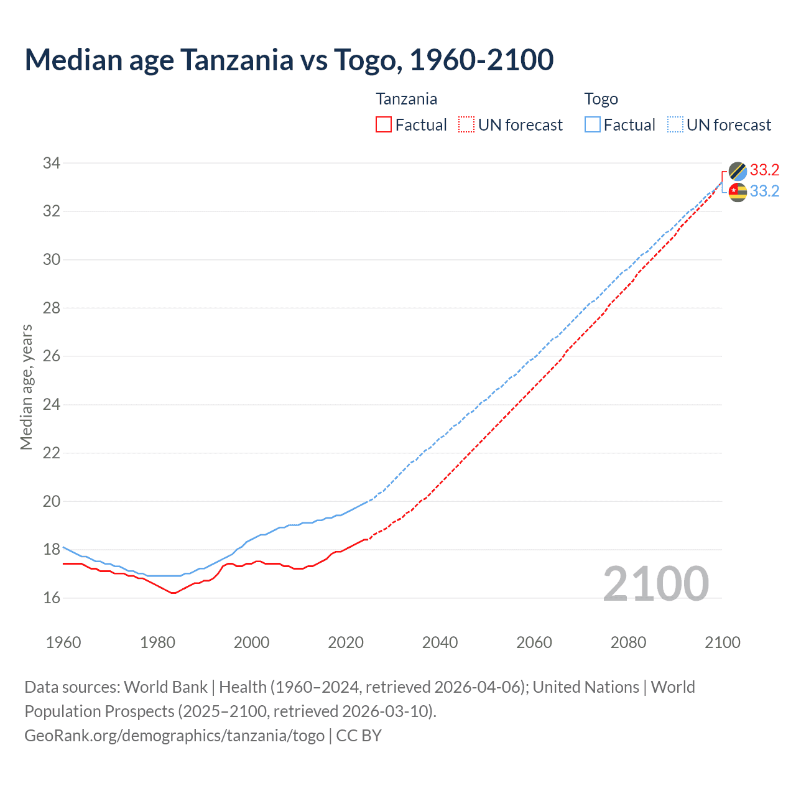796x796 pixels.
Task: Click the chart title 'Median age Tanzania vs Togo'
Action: click(x=289, y=60)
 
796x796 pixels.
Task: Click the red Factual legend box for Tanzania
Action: click(x=384, y=125)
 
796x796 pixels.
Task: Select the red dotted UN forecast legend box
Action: click(x=466, y=125)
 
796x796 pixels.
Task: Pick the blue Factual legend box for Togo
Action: click(x=592, y=125)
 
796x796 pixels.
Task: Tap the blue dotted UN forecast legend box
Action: click(x=675, y=125)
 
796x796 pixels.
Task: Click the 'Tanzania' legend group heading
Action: click(x=406, y=99)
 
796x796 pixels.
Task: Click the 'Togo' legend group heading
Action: click(x=601, y=99)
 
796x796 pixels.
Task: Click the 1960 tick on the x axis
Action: click(x=63, y=642)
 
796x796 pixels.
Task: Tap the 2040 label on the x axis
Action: click(x=440, y=642)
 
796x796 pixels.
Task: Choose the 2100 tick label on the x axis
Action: click(x=722, y=642)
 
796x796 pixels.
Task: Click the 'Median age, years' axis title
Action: click(x=26, y=387)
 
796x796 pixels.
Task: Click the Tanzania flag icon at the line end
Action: click(x=738, y=171)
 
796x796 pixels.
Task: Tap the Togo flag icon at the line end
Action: click(x=738, y=192)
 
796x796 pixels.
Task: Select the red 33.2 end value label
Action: click(x=764, y=170)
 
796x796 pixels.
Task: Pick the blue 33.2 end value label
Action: click(x=764, y=192)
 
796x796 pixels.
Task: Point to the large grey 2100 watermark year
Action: click(x=655, y=583)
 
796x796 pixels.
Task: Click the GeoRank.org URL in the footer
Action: click(x=174, y=736)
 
